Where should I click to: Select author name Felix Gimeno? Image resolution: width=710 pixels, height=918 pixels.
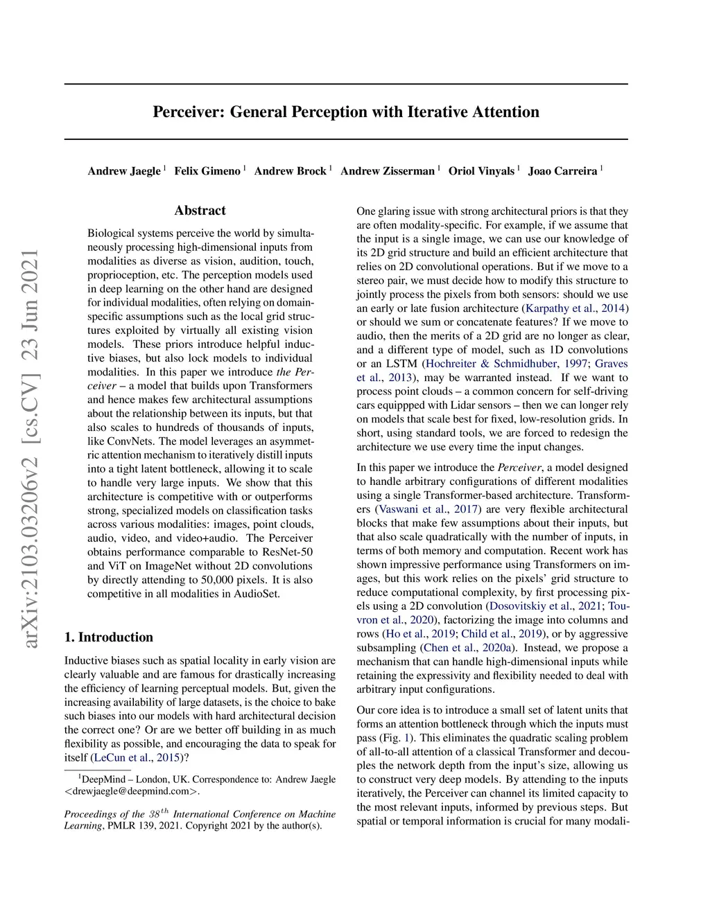coord(207,171)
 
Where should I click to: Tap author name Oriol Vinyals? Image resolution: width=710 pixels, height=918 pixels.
coord(481,171)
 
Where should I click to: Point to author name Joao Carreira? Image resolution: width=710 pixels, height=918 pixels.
coord(562,171)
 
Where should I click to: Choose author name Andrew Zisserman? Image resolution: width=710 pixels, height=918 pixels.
coord(388,171)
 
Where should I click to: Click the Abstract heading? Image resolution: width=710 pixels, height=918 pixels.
coord(200,211)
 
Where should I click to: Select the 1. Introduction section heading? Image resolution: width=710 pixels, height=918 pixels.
coord(109,637)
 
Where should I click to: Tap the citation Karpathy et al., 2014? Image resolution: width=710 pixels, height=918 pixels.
coord(575,308)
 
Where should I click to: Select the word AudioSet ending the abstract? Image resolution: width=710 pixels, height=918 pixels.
coord(257,594)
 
